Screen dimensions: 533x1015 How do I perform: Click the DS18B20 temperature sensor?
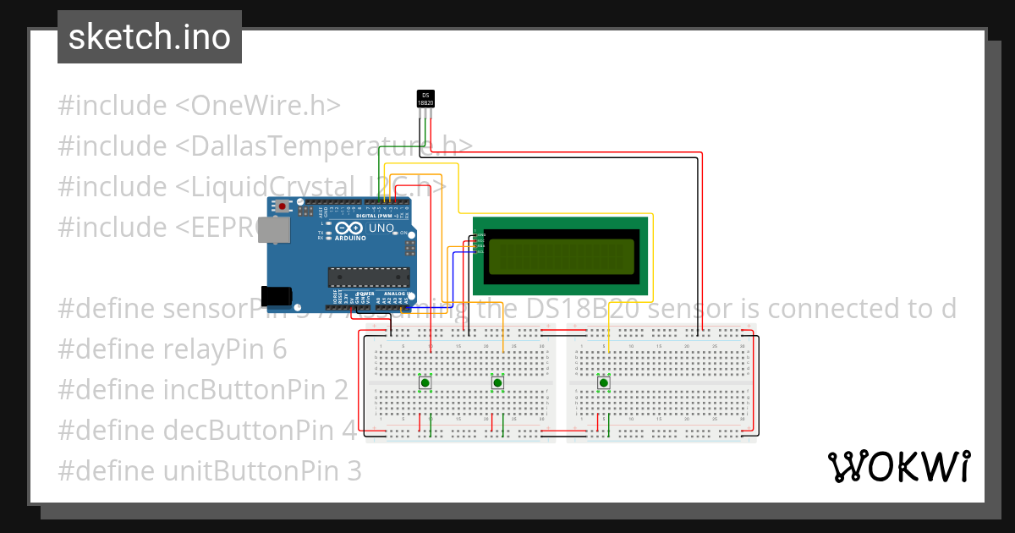(x=426, y=99)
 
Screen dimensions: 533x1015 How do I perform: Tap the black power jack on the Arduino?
(x=276, y=296)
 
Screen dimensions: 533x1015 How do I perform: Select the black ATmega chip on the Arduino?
(x=369, y=276)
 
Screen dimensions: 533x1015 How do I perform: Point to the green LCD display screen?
(x=561, y=256)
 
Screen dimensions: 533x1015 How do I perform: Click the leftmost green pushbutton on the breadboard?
(x=425, y=383)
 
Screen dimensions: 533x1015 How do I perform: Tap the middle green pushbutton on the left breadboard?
(x=497, y=383)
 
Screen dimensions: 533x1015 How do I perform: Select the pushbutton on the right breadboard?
(x=604, y=383)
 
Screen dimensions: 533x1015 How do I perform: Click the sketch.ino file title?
(x=150, y=37)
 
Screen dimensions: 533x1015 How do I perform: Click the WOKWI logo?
(x=898, y=466)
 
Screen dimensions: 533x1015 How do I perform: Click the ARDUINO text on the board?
(x=350, y=239)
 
